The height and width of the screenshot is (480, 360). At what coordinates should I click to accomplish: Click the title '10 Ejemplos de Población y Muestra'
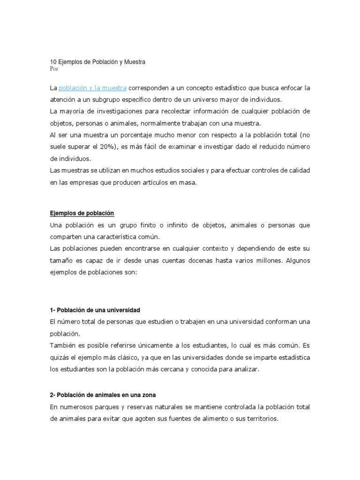(98, 61)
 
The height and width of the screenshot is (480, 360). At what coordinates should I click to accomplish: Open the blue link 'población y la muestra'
(93, 88)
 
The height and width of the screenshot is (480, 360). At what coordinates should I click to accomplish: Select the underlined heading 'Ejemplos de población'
(82, 213)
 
